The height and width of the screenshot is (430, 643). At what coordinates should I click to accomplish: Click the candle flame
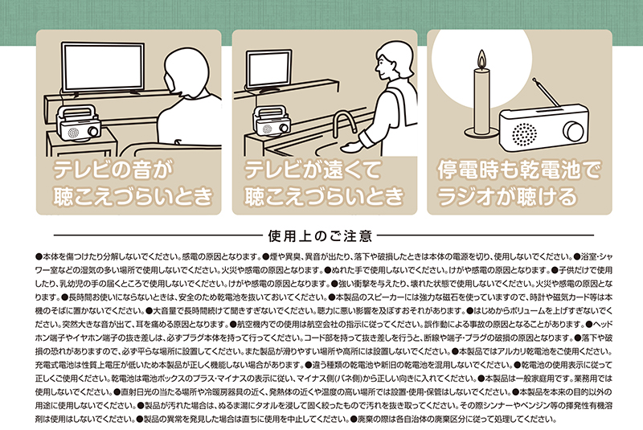click(x=481, y=59)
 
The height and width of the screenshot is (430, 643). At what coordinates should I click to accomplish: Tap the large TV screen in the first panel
click(x=103, y=67)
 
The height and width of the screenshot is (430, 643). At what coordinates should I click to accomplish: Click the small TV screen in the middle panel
click(x=269, y=68)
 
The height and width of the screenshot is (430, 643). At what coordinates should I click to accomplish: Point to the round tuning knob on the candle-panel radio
click(x=573, y=131)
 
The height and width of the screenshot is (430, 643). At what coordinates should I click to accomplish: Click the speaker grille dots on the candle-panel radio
click(x=524, y=133)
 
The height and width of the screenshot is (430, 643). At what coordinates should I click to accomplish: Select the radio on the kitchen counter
click(x=272, y=121)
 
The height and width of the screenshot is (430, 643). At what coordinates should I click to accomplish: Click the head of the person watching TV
click(x=186, y=72)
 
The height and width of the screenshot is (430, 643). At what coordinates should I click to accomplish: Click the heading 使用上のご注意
click(x=320, y=236)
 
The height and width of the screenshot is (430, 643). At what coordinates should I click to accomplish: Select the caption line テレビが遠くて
click(x=313, y=170)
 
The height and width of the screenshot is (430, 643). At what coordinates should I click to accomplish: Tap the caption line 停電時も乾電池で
click(x=518, y=170)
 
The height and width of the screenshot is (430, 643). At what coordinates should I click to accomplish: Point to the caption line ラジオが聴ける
click(x=507, y=196)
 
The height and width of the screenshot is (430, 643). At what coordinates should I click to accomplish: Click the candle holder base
click(x=481, y=133)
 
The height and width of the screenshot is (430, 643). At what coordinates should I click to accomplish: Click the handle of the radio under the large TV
click(x=77, y=111)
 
